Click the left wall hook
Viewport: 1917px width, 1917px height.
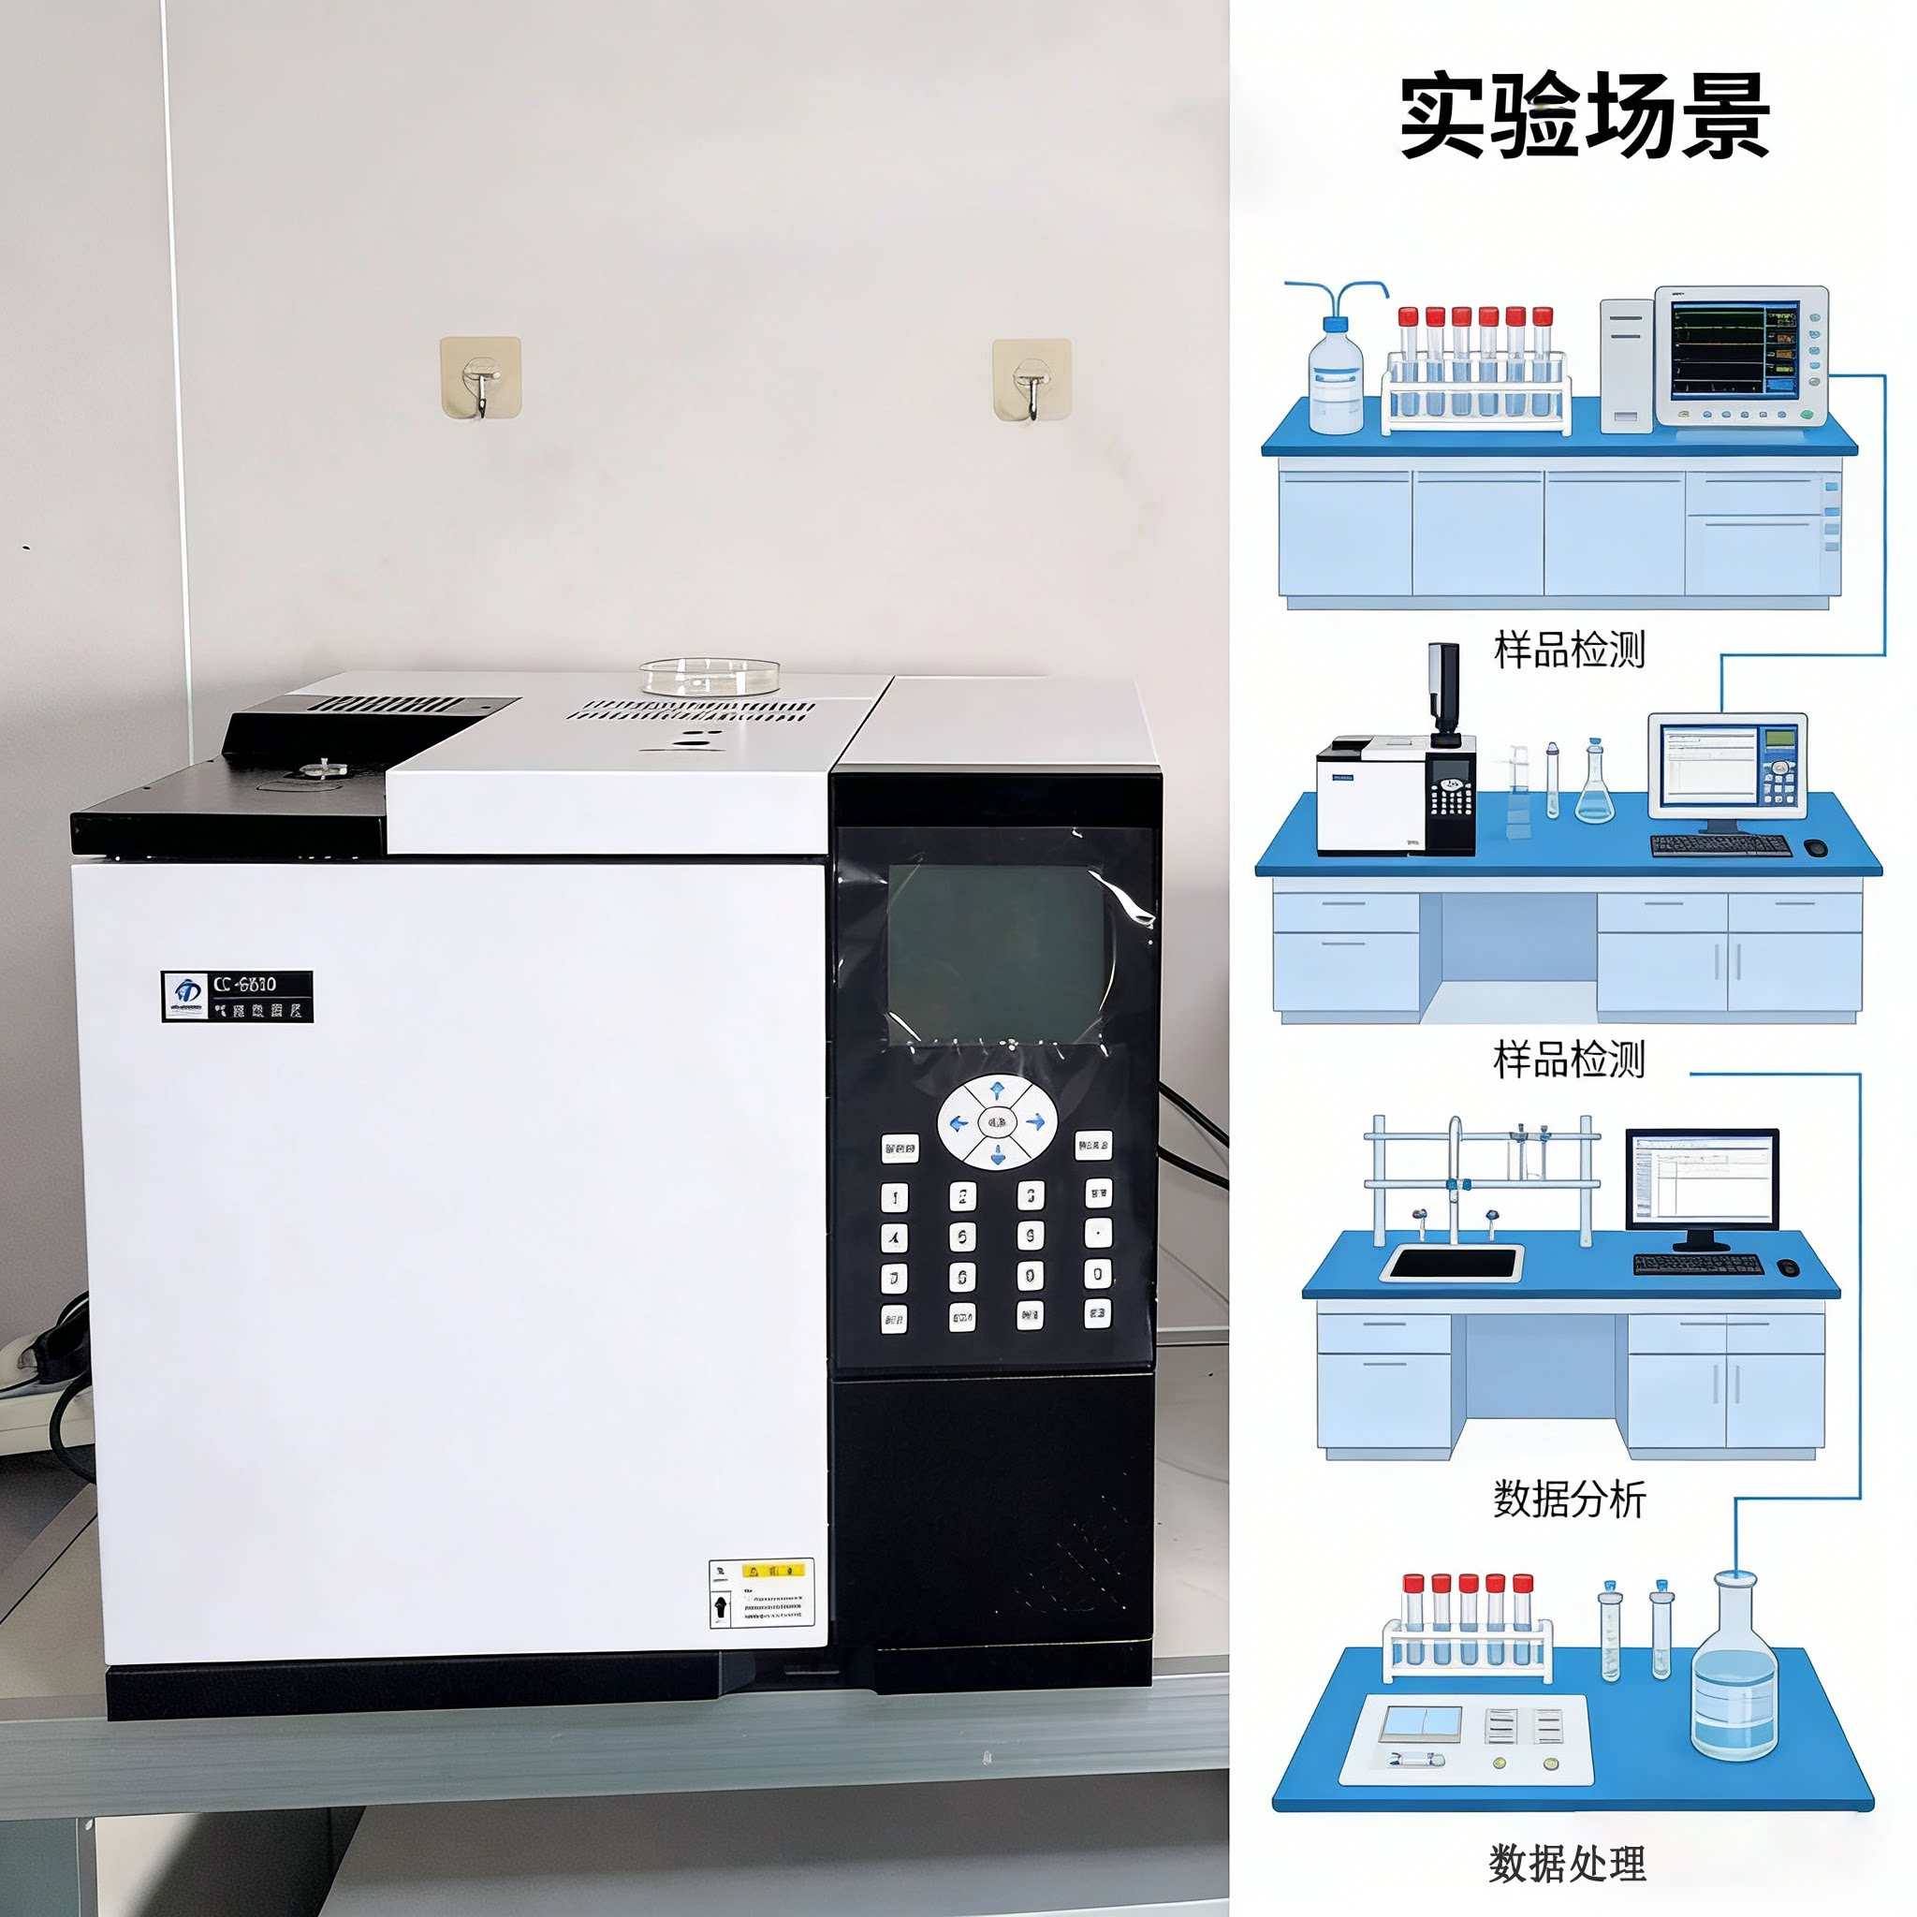(x=480, y=378)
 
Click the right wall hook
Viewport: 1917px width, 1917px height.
(x=1032, y=380)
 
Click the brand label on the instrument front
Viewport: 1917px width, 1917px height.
(x=237, y=996)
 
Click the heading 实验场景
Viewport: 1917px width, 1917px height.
(x=1584, y=116)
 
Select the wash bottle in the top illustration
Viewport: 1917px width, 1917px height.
(x=1336, y=373)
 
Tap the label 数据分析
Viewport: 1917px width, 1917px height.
(x=1569, y=1499)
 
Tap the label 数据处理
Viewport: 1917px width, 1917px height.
(x=1567, y=1864)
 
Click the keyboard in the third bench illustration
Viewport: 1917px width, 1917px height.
(x=1698, y=1264)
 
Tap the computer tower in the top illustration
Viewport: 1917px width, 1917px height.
(x=1625, y=365)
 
